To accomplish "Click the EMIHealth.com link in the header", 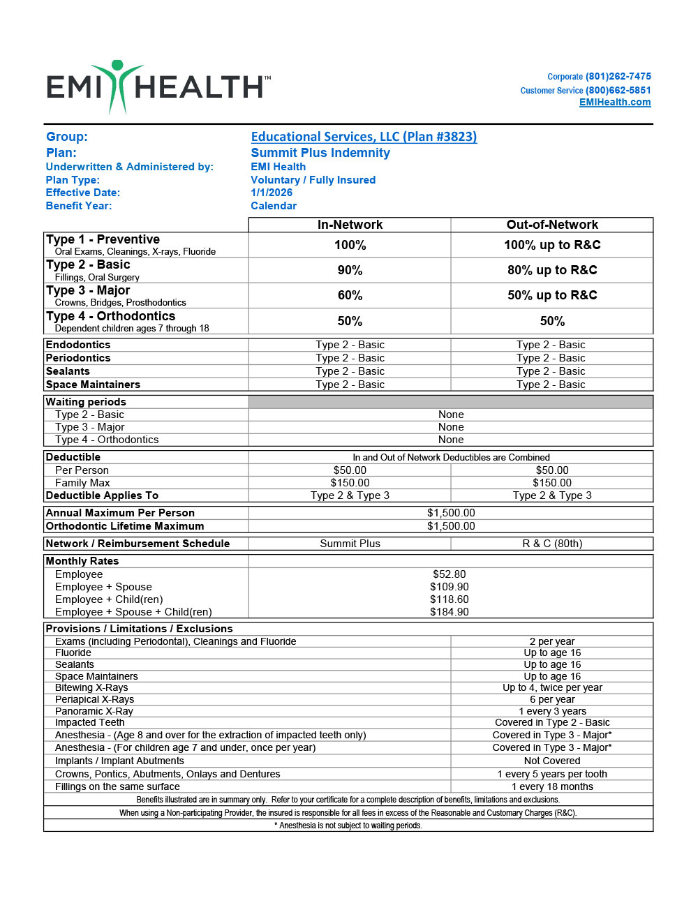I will (x=614, y=103).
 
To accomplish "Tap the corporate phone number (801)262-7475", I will (x=618, y=77).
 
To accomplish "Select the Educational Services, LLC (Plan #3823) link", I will (x=364, y=137).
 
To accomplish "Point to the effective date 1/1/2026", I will (x=272, y=193).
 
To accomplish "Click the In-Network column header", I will (x=350, y=225).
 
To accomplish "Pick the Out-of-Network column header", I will (x=552, y=225).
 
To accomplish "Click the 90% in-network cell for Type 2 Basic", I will (x=350, y=270).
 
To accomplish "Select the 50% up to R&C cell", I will (x=552, y=295).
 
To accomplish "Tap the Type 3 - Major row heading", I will (x=88, y=290).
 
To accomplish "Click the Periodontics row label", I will (x=78, y=358).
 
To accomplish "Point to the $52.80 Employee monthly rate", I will (x=449, y=574).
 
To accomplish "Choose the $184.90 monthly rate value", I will (x=449, y=612).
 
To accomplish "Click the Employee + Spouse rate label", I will (x=103, y=587).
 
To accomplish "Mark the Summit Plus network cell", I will (x=350, y=544).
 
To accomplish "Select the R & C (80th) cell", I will (x=552, y=544).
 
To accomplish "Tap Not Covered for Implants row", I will (x=552, y=761).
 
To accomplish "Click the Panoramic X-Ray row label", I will (x=94, y=711).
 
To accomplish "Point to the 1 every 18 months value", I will (x=552, y=786).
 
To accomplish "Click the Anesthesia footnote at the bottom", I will (x=348, y=826).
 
